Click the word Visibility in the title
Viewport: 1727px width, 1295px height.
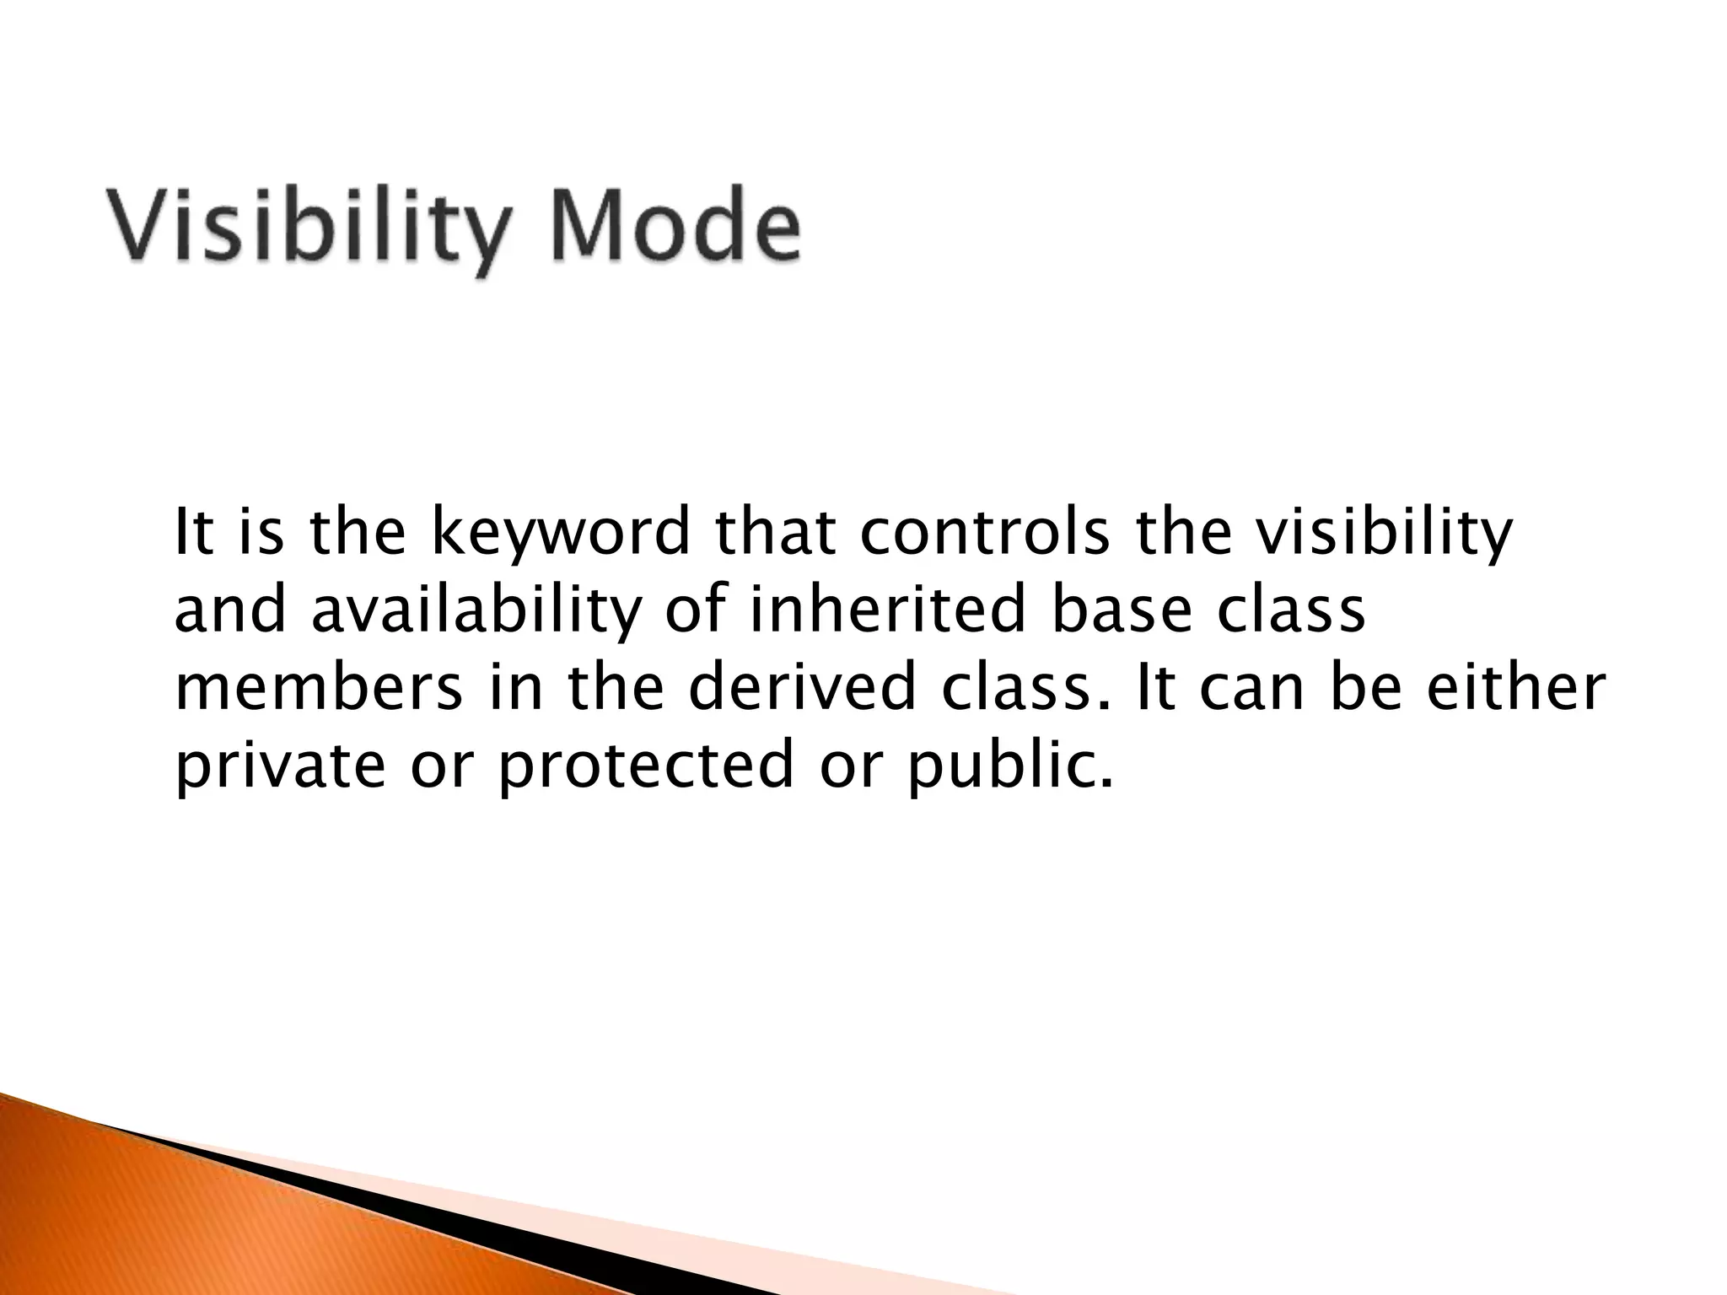coord(308,228)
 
